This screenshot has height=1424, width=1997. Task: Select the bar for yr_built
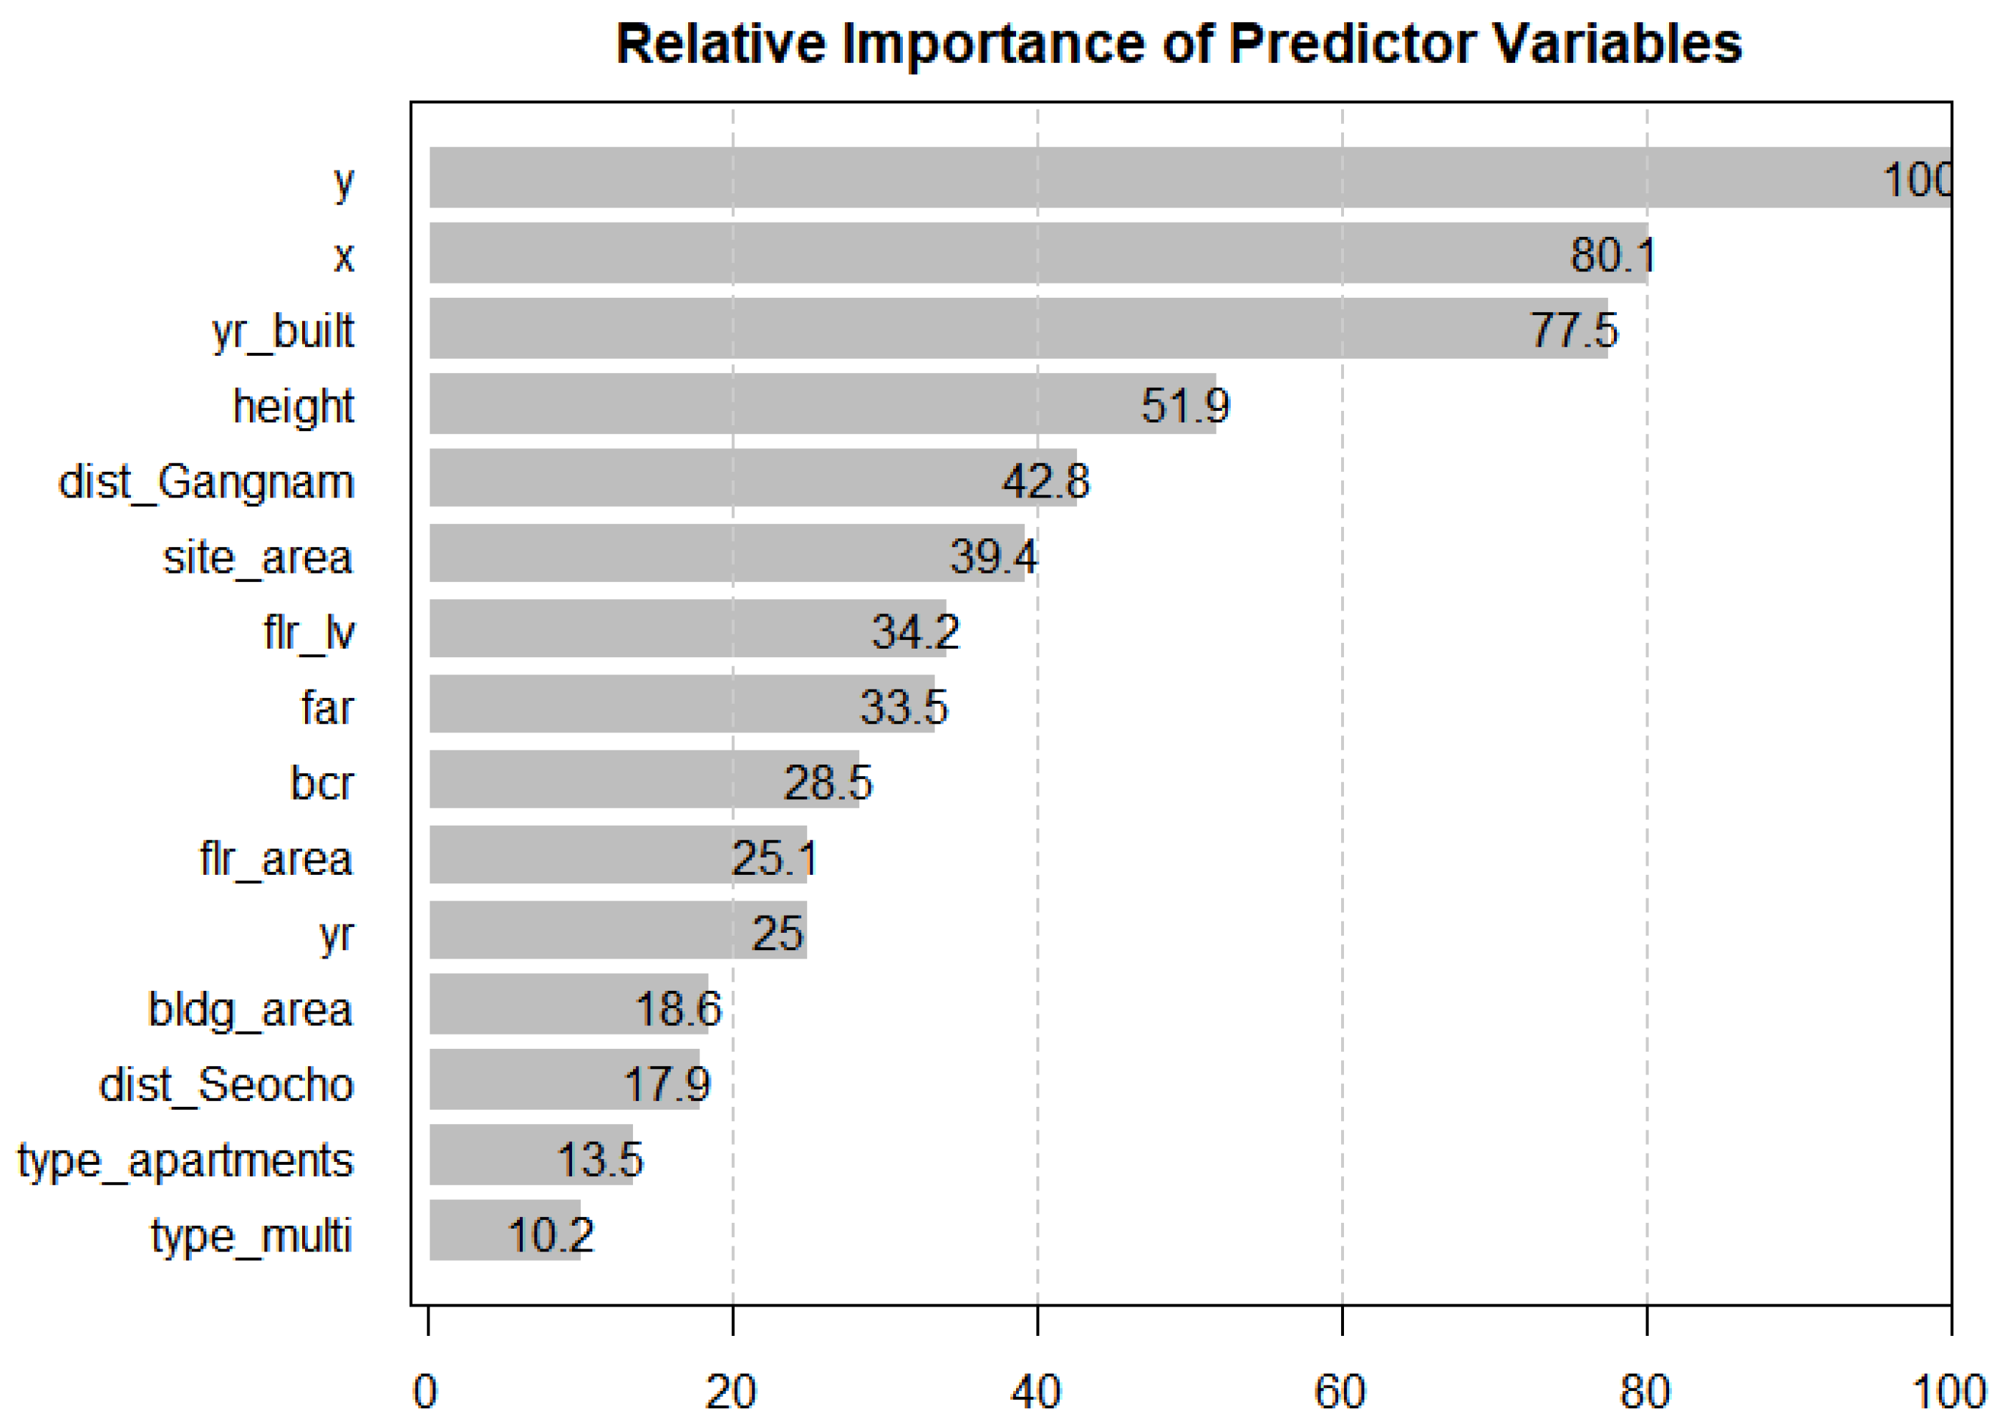point(1017,329)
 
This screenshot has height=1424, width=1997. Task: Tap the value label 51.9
point(1185,405)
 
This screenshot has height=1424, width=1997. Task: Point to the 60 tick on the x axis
point(1341,1392)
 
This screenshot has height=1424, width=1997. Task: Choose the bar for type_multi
point(504,1230)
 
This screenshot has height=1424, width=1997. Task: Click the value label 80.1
point(1612,255)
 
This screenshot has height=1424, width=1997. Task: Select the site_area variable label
point(258,558)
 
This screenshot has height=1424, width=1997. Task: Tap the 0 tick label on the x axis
point(425,1392)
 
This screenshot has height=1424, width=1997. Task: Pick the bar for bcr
point(644,780)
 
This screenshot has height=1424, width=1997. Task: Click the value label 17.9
point(667,1084)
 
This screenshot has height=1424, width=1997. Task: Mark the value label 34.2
point(915,631)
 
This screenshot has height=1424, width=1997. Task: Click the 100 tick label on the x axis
point(1948,1392)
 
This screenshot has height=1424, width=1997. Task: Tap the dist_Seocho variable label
point(226,1085)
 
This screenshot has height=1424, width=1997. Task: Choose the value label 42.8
point(1045,480)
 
